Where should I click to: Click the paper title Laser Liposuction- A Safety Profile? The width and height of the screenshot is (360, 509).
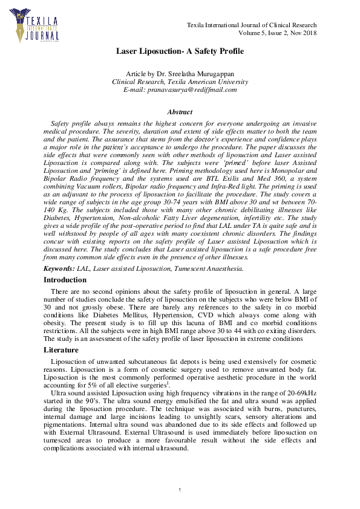(180, 51)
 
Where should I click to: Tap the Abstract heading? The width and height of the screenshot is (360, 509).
(180, 112)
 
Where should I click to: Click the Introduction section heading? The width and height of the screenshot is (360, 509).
(65, 280)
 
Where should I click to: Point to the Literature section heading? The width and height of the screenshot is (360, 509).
(61, 350)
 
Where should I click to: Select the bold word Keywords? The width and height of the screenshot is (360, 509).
(59, 268)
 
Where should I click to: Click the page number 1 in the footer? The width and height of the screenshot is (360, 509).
(180, 488)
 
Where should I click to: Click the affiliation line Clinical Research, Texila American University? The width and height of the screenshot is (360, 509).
(180, 82)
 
